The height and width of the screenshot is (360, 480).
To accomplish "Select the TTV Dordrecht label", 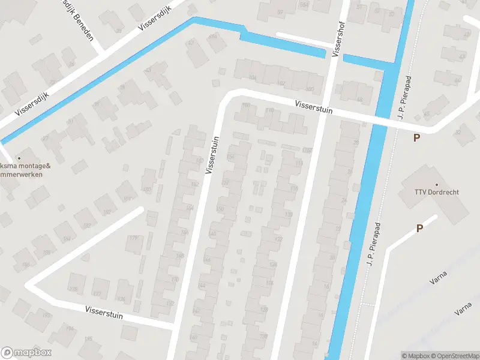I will click(436, 193).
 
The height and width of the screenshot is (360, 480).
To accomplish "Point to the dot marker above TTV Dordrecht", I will click(436, 184).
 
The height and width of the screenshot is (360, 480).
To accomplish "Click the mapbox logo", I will click(26, 353).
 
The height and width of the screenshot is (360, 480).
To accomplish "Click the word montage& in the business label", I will click(29, 166).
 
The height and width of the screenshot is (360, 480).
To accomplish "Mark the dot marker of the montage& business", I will click(19, 158).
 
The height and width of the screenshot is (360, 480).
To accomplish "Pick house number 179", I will click(134, 238).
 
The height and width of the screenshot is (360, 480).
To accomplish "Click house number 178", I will click(74, 289).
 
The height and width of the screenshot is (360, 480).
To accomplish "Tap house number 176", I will click(122, 299).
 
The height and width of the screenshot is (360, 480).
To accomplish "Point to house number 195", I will click(89, 339).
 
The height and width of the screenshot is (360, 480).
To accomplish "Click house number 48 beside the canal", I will click(360, 100).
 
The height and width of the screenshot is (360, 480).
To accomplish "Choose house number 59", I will click(280, 12).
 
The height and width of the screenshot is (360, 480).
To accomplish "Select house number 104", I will click(252, 78).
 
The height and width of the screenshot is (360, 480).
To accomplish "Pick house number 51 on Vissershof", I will click(360, 7).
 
